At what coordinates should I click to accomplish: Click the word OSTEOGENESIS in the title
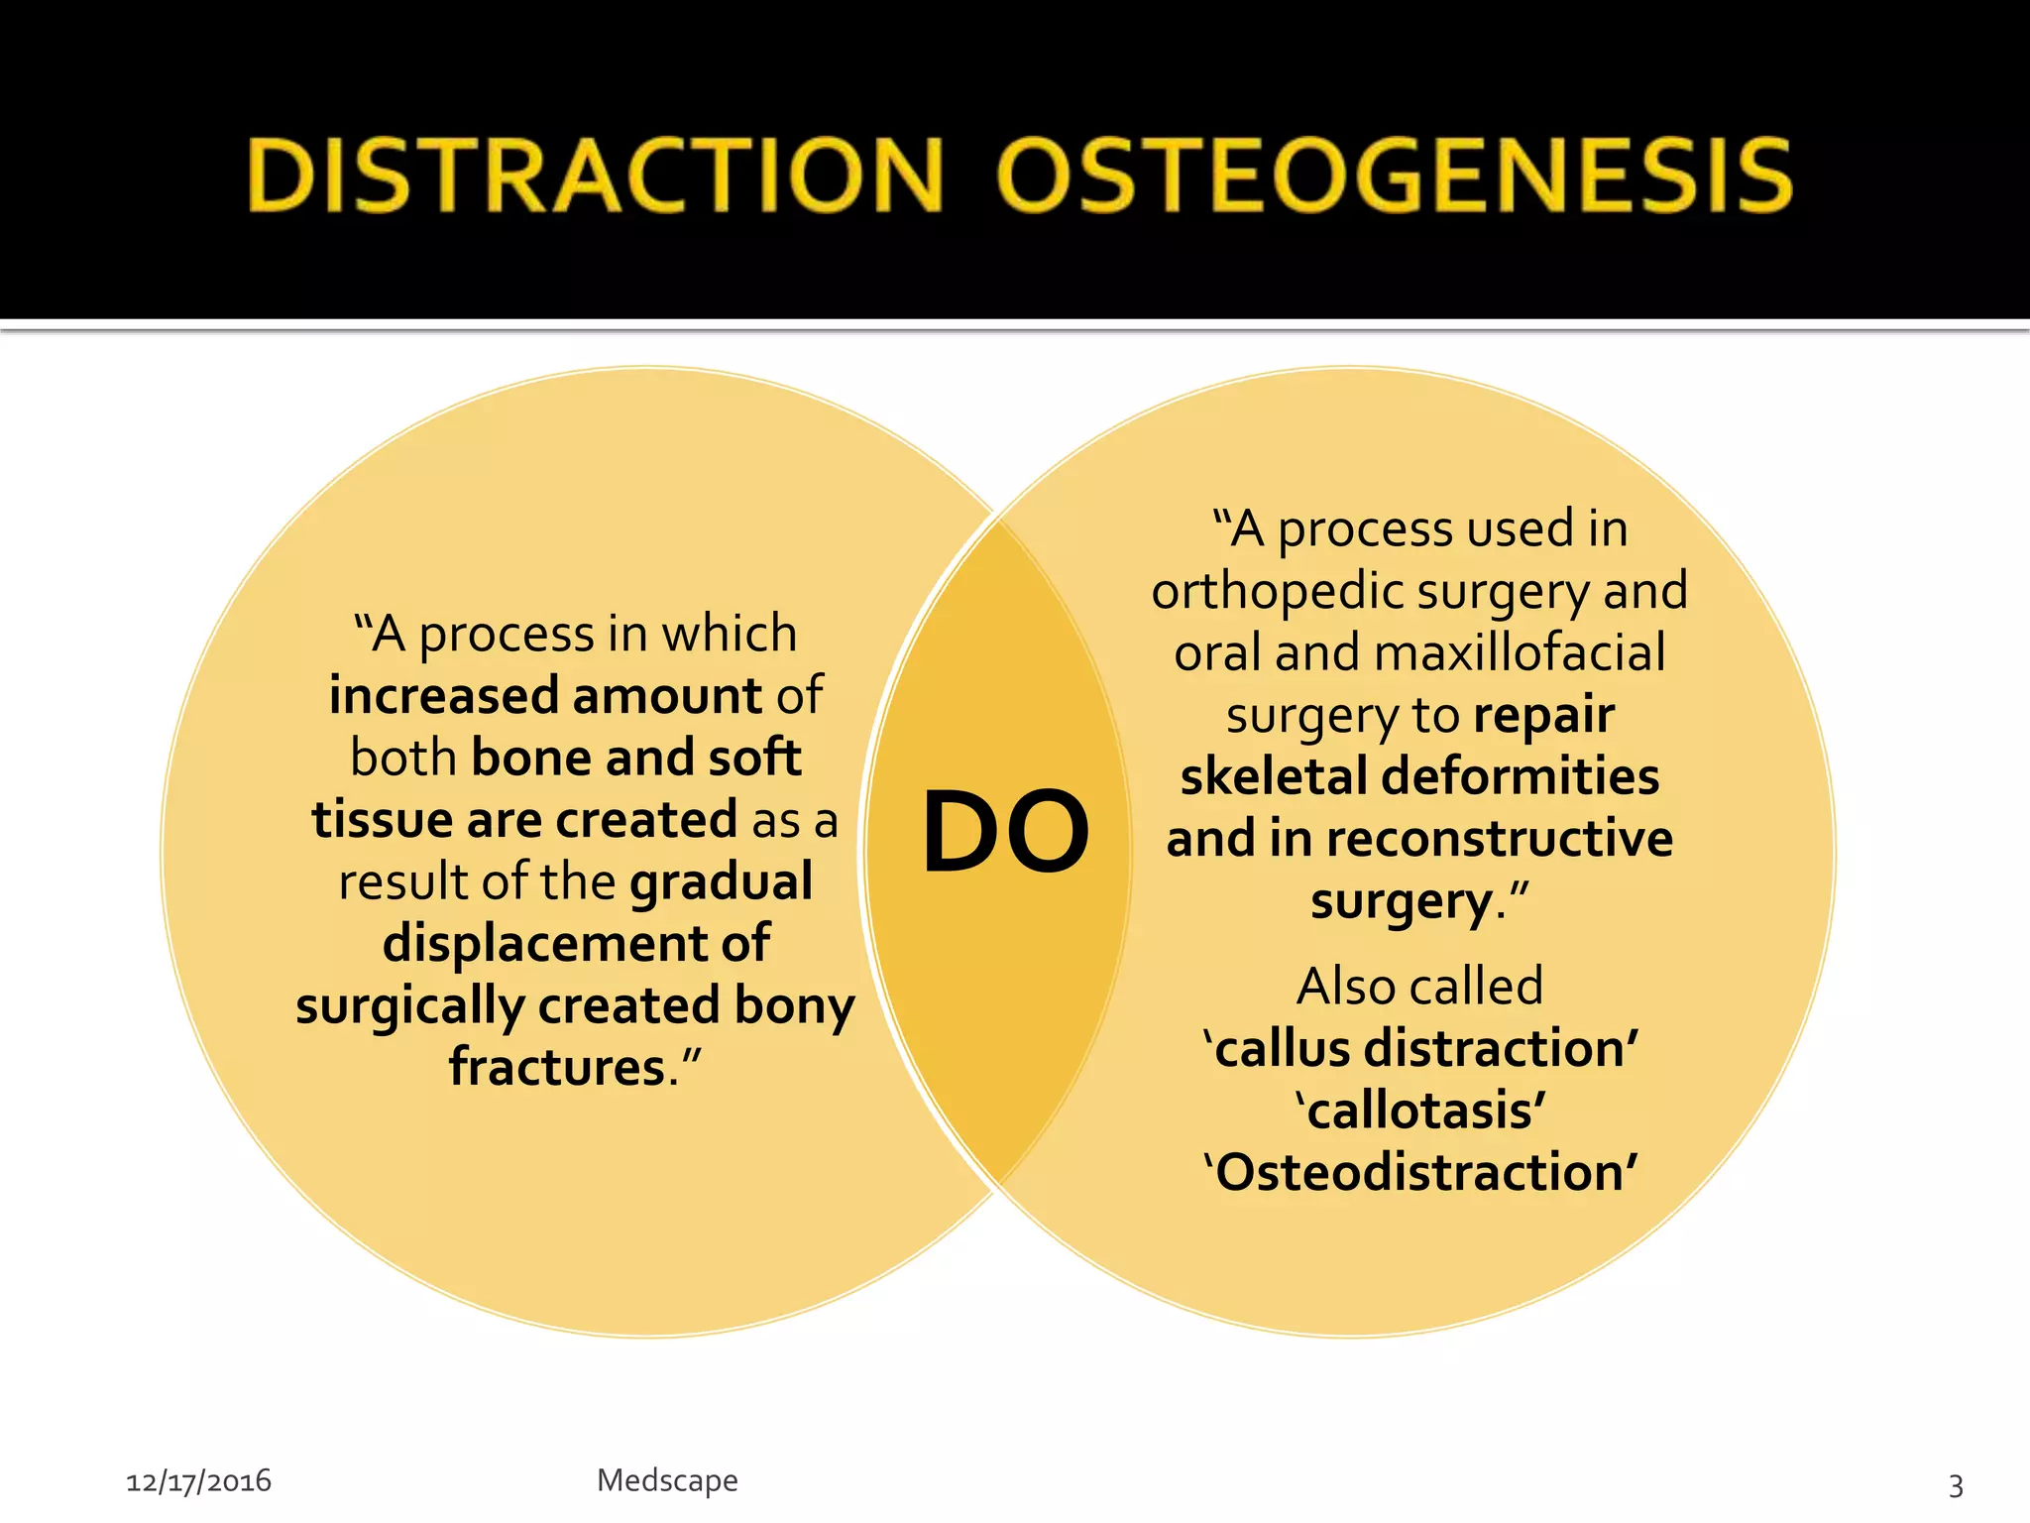point(1395,176)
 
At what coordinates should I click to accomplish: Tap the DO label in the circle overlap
point(1005,833)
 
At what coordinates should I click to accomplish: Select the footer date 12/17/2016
point(198,1481)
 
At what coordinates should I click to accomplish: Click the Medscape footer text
point(667,1480)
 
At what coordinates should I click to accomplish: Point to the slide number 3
point(1956,1484)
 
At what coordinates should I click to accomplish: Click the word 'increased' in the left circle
point(444,696)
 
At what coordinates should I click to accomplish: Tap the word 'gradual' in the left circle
point(721,881)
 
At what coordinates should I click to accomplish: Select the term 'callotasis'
point(1420,1111)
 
